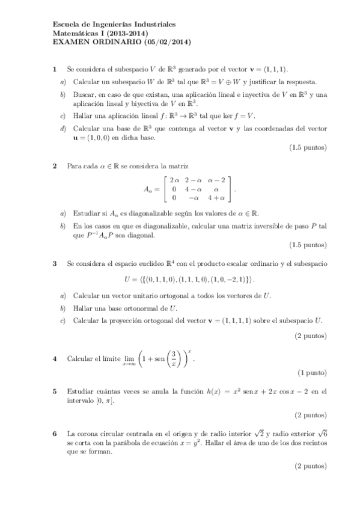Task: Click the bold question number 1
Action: pos(55,70)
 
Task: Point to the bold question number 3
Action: pos(55,263)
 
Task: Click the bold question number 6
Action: pos(55,433)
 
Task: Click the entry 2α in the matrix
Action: pos(174,180)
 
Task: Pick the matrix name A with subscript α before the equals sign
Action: pos(148,189)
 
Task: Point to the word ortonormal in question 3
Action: pos(144,308)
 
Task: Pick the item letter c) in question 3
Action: pos(63,320)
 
